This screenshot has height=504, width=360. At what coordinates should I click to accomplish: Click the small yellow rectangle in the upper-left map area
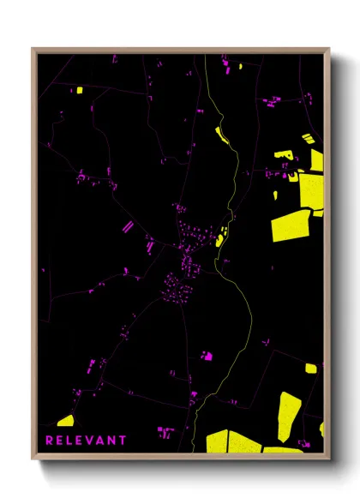78,90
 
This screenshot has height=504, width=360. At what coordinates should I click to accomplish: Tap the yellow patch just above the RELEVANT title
65,420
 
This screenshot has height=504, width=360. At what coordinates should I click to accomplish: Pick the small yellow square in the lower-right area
310,369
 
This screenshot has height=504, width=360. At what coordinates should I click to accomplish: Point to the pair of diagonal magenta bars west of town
129,227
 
